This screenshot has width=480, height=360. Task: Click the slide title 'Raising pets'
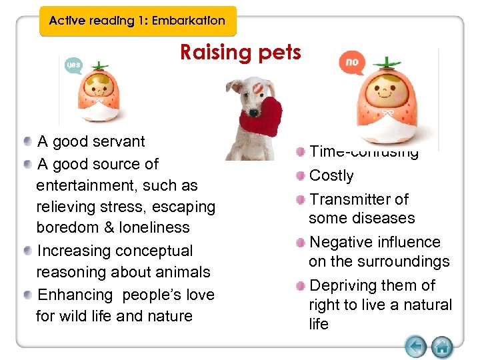[240, 53]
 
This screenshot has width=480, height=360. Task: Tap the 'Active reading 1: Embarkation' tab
[137, 21]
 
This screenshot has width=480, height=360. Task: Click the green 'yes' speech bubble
[73, 65]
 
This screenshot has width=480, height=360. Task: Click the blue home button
[441, 346]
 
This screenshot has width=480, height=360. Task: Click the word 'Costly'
[331, 175]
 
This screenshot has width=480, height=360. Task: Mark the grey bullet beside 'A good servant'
[27, 142]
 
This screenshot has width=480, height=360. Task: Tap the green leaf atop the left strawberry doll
[101, 65]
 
